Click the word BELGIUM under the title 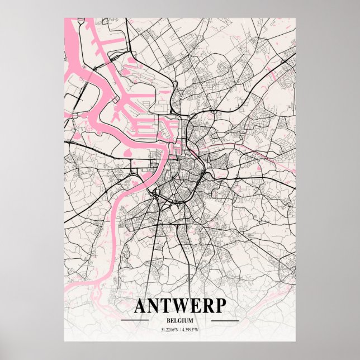(x=179, y=320)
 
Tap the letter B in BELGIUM (x=168, y=320)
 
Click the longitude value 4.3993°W (x=193, y=329)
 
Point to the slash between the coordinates (x=180, y=329)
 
